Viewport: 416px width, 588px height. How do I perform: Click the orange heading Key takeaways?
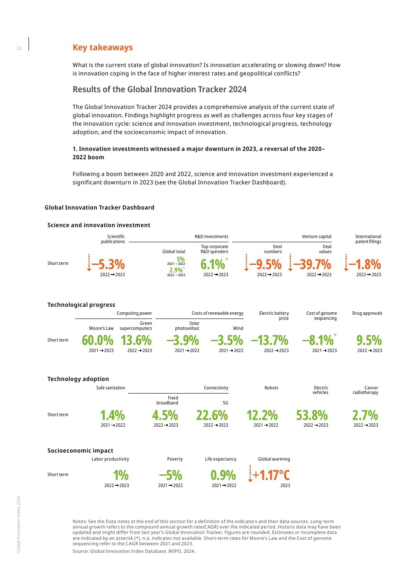(102, 47)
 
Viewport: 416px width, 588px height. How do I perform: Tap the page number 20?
(19, 49)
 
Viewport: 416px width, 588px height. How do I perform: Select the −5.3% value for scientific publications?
(108, 264)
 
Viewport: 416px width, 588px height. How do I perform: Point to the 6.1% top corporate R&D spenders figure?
(213, 264)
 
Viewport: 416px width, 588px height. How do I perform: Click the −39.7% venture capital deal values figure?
(312, 264)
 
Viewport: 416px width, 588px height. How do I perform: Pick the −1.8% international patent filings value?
(365, 264)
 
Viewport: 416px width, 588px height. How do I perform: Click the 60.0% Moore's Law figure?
(98, 340)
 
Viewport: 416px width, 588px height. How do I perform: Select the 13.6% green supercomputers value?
(136, 340)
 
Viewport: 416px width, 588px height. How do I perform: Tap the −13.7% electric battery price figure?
(270, 340)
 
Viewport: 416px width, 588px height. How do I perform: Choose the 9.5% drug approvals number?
(369, 340)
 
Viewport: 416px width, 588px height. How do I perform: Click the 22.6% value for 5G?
(212, 415)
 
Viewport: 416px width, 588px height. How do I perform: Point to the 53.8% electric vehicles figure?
(312, 415)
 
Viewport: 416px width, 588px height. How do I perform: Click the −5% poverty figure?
(171, 475)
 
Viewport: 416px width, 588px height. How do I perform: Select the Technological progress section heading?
(81, 305)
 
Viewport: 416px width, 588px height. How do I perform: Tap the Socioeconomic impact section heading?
(80, 451)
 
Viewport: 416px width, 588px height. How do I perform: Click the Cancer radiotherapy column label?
(366, 390)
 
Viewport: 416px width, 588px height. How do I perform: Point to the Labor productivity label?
(110, 459)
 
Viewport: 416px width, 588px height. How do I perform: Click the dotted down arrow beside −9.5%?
(247, 263)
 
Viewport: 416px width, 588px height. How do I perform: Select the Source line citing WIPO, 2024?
(134, 551)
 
